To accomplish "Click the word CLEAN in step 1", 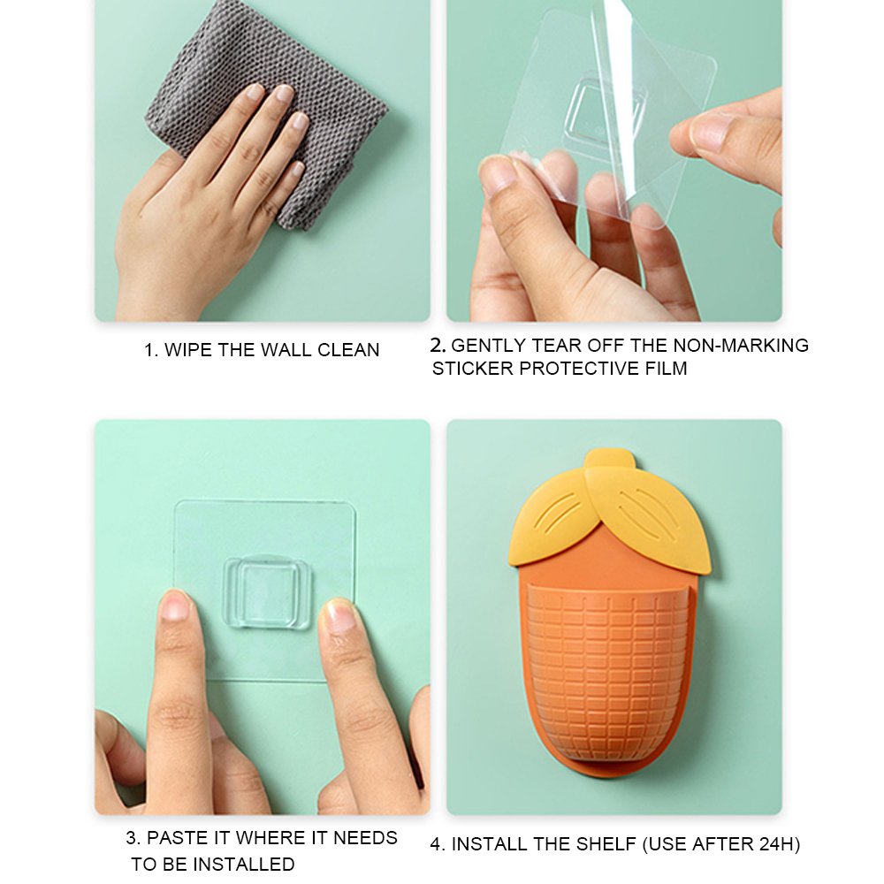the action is tap(348, 350).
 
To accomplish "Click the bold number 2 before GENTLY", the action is tap(437, 345).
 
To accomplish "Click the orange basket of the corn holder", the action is tap(608, 674).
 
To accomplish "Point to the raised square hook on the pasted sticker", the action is tap(267, 592).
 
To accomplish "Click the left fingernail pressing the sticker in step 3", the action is tap(173, 606).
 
